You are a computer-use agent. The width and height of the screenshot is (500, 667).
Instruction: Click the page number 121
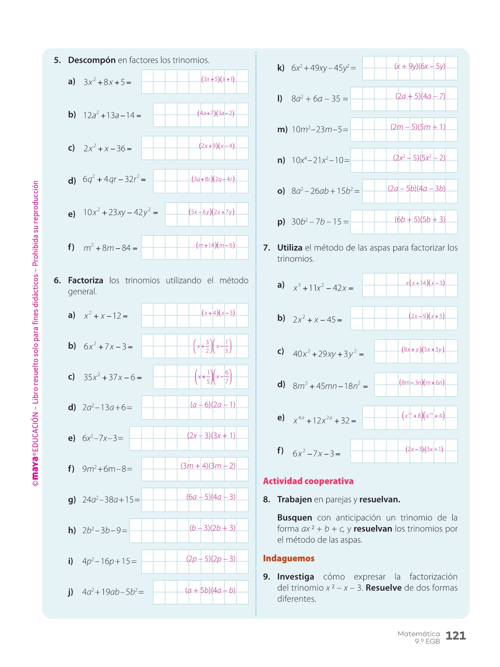(x=455, y=636)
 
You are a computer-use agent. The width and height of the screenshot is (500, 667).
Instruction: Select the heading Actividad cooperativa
(x=308, y=481)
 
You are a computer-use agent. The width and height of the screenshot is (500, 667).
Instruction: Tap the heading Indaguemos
(x=288, y=558)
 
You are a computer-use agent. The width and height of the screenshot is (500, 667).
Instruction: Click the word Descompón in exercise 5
(x=91, y=60)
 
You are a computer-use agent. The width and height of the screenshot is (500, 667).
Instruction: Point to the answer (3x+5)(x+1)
(x=218, y=79)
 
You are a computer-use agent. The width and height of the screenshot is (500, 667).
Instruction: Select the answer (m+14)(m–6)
(x=215, y=245)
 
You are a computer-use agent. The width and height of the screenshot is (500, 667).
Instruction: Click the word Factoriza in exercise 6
(x=85, y=280)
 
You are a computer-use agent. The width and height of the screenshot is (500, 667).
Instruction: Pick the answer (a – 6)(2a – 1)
(x=213, y=405)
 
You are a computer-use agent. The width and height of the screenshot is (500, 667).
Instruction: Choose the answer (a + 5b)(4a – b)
(x=210, y=590)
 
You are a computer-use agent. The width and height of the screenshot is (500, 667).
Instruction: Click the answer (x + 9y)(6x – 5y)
(x=420, y=66)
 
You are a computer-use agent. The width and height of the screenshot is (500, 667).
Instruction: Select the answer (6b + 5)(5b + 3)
(x=420, y=220)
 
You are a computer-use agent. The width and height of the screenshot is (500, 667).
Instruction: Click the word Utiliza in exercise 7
(x=290, y=248)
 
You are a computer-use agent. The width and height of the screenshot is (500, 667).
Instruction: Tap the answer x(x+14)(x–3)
(x=425, y=283)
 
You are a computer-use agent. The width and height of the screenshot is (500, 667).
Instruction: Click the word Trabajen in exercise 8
(x=294, y=499)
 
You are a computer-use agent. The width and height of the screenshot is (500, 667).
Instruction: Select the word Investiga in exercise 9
(x=296, y=577)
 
